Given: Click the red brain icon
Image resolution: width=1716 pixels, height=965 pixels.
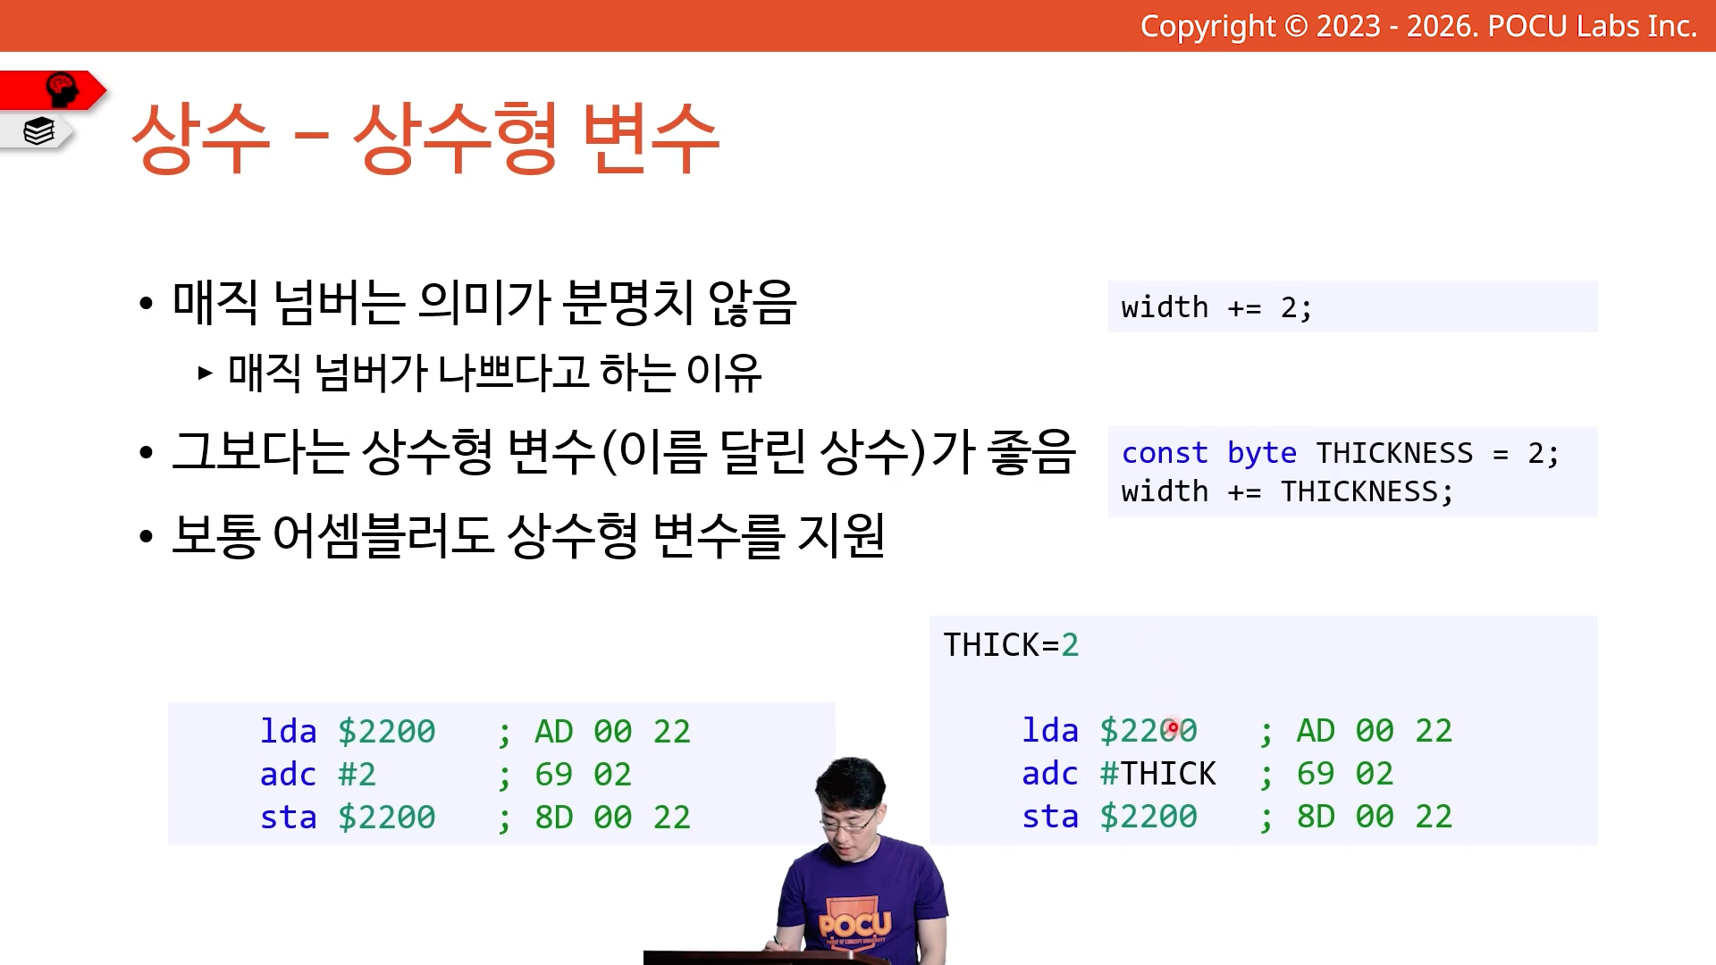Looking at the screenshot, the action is tap(62, 90).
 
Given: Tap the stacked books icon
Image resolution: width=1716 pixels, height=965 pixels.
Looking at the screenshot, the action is tap(39, 131).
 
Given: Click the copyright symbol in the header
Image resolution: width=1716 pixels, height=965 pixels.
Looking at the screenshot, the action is tap(1296, 26).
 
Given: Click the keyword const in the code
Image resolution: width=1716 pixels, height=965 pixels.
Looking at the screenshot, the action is tap(1165, 453).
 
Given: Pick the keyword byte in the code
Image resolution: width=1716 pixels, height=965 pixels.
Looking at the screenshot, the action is tap(1261, 454).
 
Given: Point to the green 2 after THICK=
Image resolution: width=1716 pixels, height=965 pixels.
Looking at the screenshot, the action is tap(1070, 645).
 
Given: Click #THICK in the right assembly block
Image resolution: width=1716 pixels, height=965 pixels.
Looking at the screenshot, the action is tap(1157, 774).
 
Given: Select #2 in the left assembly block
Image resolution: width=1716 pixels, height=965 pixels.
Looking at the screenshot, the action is tap(357, 775).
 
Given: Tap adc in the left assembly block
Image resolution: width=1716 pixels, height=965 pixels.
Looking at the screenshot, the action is tap(288, 775).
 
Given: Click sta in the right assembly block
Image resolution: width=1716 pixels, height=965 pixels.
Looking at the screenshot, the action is tap(1050, 817).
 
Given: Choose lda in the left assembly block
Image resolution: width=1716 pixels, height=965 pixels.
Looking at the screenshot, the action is tap(288, 732).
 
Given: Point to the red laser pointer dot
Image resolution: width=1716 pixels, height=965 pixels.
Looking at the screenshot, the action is tap(1173, 728).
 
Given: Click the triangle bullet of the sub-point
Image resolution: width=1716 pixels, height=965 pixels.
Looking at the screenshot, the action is tap(206, 373).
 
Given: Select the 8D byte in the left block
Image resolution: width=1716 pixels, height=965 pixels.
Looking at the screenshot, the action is tap(554, 818).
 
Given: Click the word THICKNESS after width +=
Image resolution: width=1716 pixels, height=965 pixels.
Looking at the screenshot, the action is tap(1359, 492).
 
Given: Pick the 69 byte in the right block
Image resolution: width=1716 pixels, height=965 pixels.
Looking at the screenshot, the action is tap(1316, 774).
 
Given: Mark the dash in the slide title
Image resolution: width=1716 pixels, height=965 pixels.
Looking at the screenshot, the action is tap(311, 138).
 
